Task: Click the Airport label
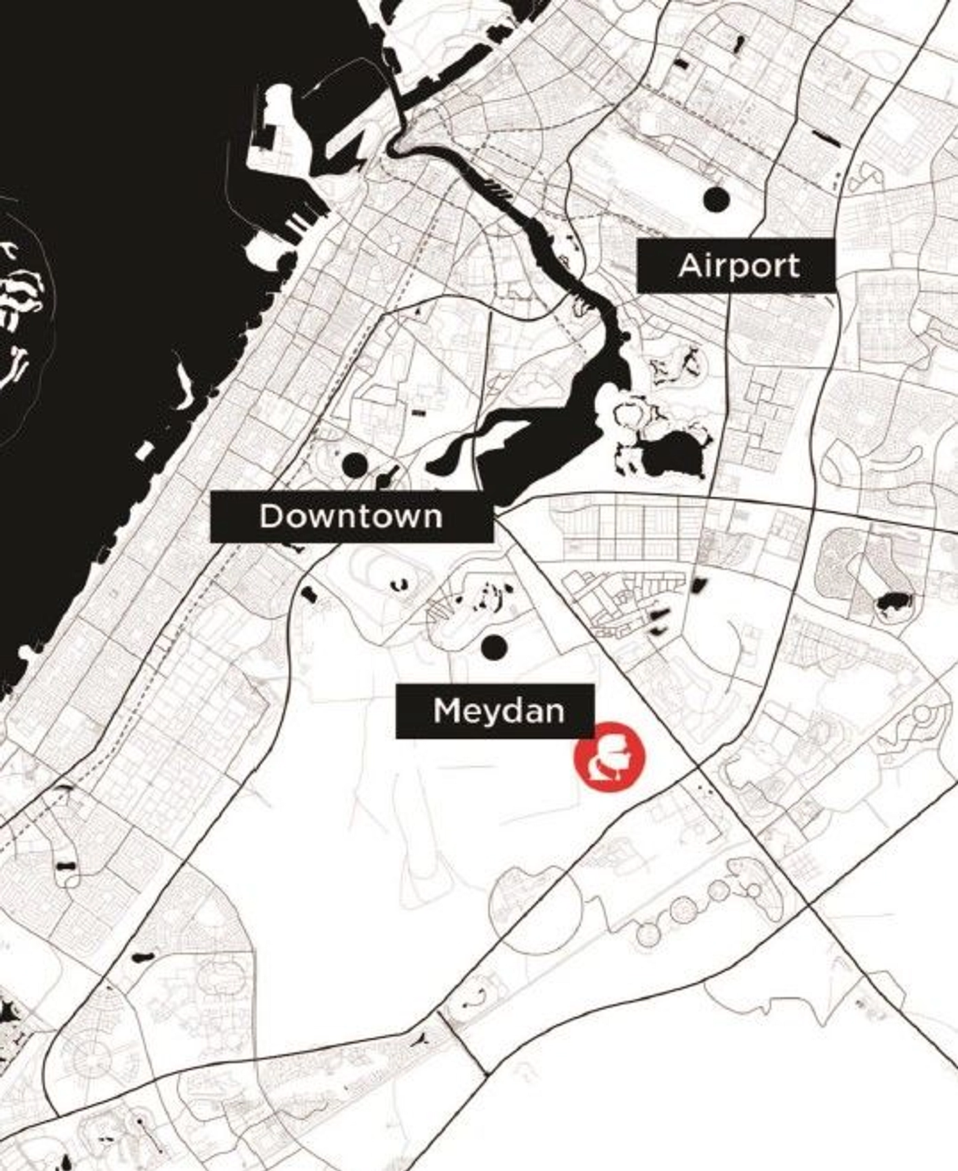tap(736, 266)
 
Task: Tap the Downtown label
tap(351, 517)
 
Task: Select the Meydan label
tap(495, 711)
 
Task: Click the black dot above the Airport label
tap(716, 199)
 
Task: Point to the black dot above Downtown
tap(354, 465)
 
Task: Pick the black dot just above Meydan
tap(494, 647)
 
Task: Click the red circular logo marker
tap(610, 755)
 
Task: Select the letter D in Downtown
tap(271, 517)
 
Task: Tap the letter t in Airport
tap(793, 266)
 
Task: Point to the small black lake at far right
tap(893, 603)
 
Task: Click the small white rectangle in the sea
tap(145, 451)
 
